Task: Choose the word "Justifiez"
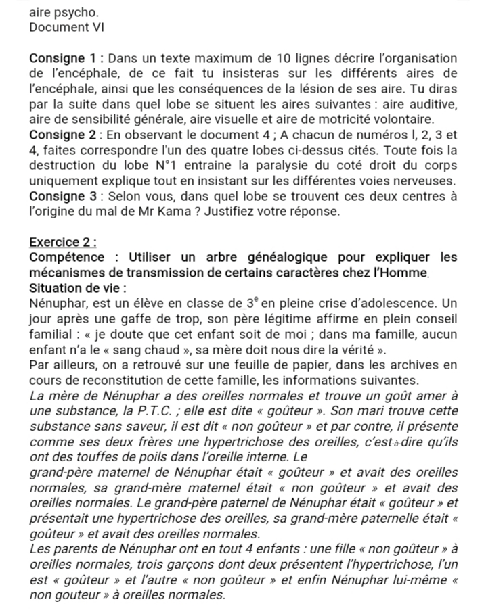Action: click(x=305, y=212)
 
